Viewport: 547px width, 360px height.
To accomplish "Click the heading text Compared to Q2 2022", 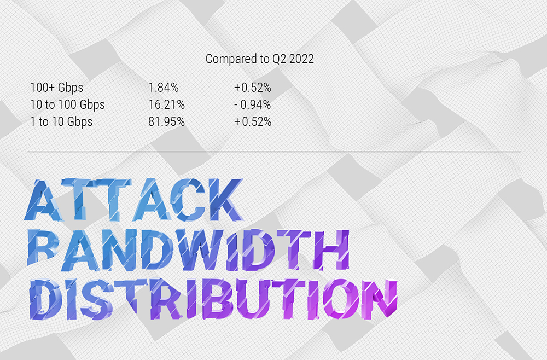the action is pyautogui.click(x=259, y=59).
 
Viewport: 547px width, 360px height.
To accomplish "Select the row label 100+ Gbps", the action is pyautogui.click(x=56, y=88).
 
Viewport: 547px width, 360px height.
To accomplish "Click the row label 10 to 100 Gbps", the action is pyautogui.click(x=67, y=104).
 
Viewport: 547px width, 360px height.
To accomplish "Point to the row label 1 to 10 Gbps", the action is pyautogui.click(x=61, y=122).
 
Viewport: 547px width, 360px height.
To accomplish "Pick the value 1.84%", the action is pyautogui.click(x=163, y=88).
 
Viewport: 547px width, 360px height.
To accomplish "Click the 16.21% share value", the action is pyautogui.click(x=166, y=104).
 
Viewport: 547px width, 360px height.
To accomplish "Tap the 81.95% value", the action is pyautogui.click(x=166, y=122).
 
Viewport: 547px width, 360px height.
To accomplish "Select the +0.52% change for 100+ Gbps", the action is pyautogui.click(x=253, y=88).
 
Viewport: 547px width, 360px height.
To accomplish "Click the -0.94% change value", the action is pyautogui.click(x=253, y=104).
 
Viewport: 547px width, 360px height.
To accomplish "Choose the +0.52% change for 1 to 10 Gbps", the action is pyautogui.click(x=253, y=122).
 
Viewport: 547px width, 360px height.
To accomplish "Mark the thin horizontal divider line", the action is pyautogui.click(x=274, y=152).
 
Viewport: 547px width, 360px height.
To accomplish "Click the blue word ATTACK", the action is pyautogui.click(x=133, y=200).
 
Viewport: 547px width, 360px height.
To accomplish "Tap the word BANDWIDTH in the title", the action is pyautogui.click(x=188, y=250).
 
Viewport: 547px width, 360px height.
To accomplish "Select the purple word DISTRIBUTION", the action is pyautogui.click(x=213, y=299).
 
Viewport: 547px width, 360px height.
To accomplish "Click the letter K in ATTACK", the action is pyautogui.click(x=225, y=200).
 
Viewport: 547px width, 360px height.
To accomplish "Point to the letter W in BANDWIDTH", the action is pyautogui.click(x=199, y=250).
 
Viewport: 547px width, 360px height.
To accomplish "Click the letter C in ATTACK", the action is pyautogui.click(x=187, y=200).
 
